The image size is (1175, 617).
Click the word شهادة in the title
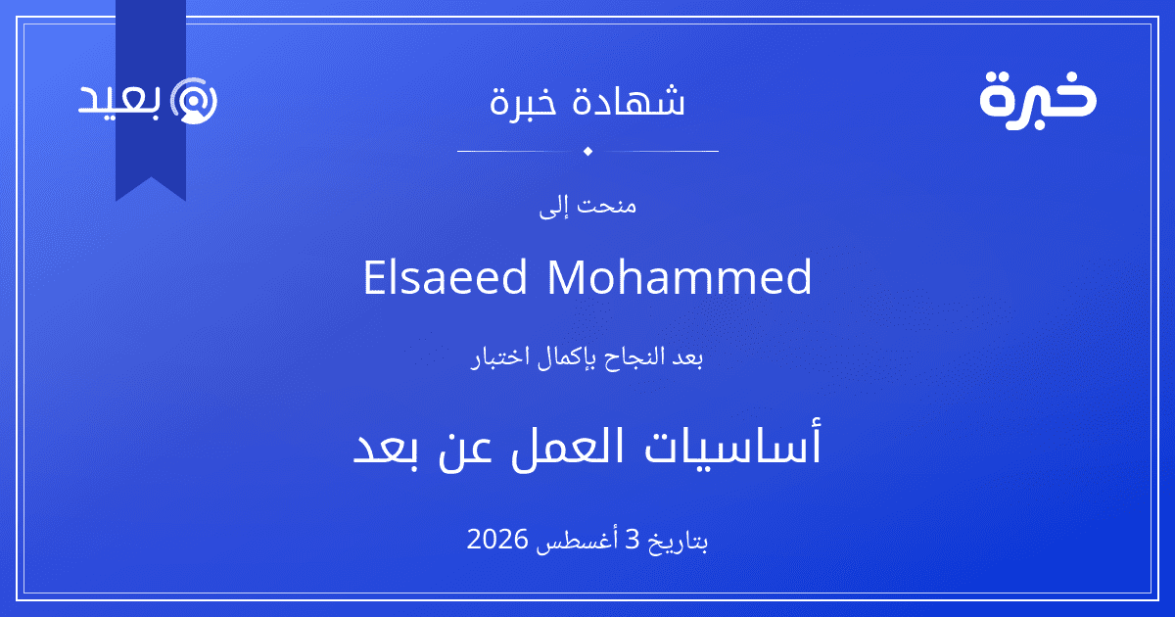(x=629, y=101)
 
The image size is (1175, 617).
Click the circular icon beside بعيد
(x=194, y=101)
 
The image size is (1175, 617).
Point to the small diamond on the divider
(x=587, y=151)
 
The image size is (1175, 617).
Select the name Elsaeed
(x=445, y=277)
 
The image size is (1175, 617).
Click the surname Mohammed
(x=680, y=277)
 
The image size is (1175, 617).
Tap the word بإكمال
(x=567, y=358)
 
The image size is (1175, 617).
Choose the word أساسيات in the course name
(x=732, y=445)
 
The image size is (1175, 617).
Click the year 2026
(x=497, y=540)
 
